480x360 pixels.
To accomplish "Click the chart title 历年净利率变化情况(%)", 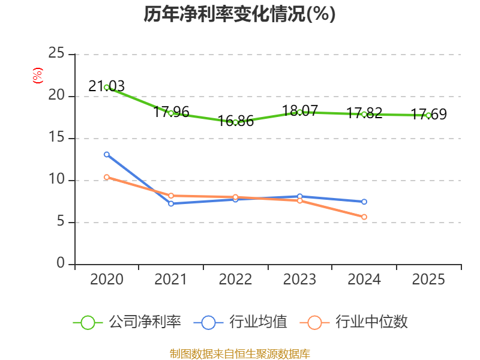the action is click(x=239, y=14).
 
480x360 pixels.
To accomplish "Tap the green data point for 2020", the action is click(x=107, y=88).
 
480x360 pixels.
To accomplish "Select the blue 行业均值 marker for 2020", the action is click(x=107, y=155).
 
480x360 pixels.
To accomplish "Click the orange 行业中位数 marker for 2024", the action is click(x=364, y=217).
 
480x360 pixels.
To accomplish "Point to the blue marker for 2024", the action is click(x=364, y=202).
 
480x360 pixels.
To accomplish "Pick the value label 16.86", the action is click(x=236, y=121).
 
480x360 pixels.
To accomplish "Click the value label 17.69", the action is click(x=428, y=114).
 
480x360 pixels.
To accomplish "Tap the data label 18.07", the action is click(x=300, y=111).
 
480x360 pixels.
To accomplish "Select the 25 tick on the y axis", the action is click(x=56, y=53).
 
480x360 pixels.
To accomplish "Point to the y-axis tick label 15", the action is click(x=56, y=137).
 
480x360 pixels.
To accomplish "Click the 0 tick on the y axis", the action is click(x=61, y=263).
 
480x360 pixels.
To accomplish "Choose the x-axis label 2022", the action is click(x=235, y=280).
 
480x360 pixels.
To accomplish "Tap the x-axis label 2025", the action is click(x=428, y=280).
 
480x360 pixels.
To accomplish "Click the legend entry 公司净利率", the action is click(x=127, y=322).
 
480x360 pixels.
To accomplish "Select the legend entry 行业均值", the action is click(x=241, y=322).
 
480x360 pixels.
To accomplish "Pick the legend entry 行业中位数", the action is click(x=353, y=322).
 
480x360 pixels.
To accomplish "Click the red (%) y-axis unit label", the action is click(x=38, y=76).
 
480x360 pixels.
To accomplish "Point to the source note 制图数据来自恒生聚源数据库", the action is click(x=240, y=354).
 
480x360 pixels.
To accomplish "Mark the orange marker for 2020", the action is click(x=107, y=177).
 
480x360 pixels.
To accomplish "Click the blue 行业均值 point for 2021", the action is click(x=171, y=204).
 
